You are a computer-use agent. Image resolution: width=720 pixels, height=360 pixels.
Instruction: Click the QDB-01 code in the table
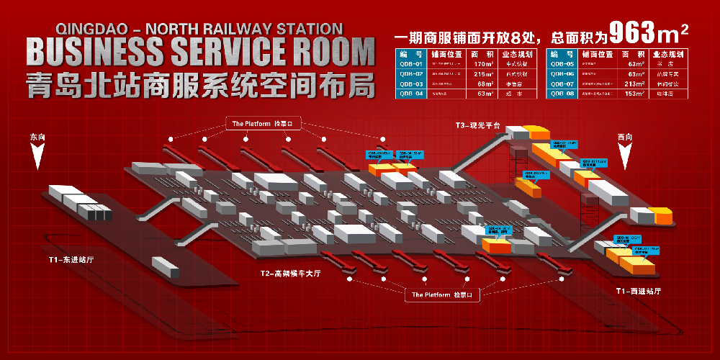(x=411, y=63)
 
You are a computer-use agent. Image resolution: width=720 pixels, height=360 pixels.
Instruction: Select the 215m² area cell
(x=482, y=73)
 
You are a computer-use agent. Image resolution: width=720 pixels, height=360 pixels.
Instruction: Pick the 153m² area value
(x=634, y=94)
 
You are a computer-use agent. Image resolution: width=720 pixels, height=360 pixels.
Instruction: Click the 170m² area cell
(x=482, y=63)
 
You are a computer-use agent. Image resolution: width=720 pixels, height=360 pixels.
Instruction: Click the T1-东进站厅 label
(x=71, y=258)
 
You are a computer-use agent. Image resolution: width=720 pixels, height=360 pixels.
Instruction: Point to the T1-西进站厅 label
(x=638, y=292)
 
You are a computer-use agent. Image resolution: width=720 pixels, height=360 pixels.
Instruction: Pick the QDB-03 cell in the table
(x=411, y=84)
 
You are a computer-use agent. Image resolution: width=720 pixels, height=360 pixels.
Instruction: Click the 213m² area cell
(x=634, y=84)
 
